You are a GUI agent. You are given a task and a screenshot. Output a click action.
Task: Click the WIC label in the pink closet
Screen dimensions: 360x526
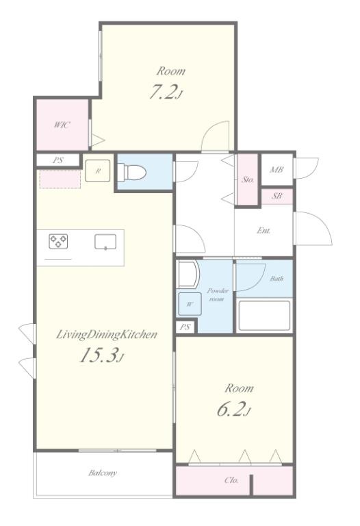[x=62, y=125]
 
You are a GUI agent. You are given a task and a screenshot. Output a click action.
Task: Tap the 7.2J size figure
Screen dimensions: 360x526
[x=165, y=92]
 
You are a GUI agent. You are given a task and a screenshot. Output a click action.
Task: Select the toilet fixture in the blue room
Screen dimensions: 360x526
[x=132, y=173]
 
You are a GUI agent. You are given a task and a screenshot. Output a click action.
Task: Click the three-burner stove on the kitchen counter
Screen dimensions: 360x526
[x=58, y=241]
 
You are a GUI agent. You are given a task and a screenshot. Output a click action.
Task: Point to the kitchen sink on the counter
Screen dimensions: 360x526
[x=105, y=242]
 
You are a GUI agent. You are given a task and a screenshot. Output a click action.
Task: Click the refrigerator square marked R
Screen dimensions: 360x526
[x=98, y=171]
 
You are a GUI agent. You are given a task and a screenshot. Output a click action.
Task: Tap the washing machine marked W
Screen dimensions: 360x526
[x=190, y=304]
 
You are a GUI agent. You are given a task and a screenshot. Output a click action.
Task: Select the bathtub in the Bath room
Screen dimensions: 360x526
[x=263, y=316]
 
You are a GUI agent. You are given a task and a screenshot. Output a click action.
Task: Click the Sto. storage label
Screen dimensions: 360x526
[x=248, y=179]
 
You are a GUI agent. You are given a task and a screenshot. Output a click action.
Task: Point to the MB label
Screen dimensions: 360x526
[x=277, y=169]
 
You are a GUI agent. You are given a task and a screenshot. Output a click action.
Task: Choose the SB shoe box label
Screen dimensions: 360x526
[x=277, y=196]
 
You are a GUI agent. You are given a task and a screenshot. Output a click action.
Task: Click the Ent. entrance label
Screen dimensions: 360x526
[x=263, y=230]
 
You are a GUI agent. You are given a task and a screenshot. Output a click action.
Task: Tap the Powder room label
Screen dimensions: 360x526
[x=217, y=295]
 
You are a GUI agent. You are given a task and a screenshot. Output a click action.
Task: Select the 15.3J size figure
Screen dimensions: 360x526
[x=102, y=355]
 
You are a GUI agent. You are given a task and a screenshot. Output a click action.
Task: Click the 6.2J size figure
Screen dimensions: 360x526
[x=234, y=409]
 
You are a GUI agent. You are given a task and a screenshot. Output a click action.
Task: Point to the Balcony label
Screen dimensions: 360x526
[x=103, y=473]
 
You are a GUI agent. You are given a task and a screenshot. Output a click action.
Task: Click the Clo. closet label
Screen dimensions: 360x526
[x=231, y=480]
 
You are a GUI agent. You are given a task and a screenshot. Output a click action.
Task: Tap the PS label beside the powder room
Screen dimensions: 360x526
[x=185, y=327]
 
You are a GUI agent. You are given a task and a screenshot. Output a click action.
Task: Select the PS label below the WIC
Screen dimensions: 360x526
[x=58, y=160]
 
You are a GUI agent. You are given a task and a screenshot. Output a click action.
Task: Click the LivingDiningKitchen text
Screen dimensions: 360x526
[x=106, y=334]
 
